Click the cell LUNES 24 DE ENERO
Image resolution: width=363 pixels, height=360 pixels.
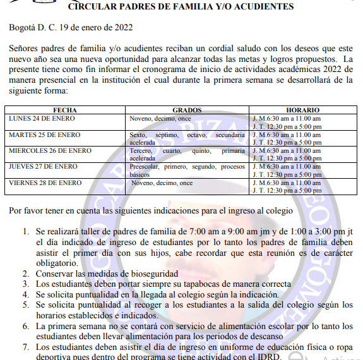tap(42, 118)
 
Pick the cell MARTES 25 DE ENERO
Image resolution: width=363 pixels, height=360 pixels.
tap(43, 135)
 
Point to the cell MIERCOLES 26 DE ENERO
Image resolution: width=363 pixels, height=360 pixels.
tap(50, 151)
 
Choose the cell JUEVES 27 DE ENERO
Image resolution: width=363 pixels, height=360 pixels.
tap(42, 167)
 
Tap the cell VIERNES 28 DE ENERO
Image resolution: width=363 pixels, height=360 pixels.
tap(45, 183)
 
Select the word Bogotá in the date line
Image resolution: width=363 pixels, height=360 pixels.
tap(23, 28)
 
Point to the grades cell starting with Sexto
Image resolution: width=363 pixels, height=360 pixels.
tap(187, 138)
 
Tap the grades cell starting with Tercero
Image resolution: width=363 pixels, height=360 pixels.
tap(187, 155)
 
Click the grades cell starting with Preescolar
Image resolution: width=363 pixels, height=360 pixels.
tap(187, 171)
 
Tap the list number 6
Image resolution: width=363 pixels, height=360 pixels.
tap(25, 326)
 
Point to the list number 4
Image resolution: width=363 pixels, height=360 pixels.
tap(25, 294)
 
